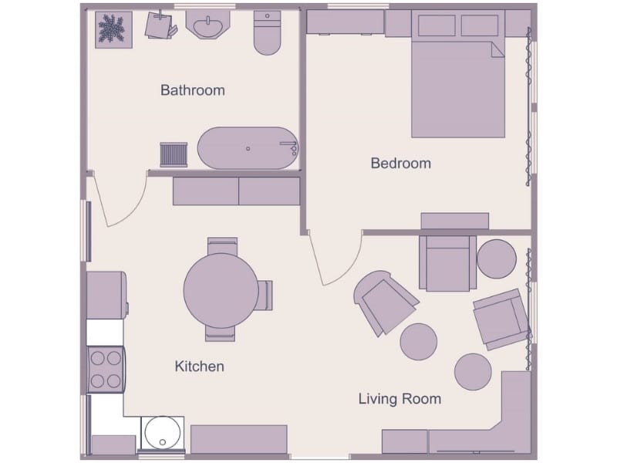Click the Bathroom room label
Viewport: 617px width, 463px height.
[x=193, y=90]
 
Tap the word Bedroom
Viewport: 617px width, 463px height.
[x=401, y=164]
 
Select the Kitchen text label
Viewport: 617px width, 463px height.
[x=200, y=367]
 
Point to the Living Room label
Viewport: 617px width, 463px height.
[x=400, y=399]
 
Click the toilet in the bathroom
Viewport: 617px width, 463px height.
[x=267, y=32]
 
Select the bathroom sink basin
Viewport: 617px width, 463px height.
[x=207, y=24]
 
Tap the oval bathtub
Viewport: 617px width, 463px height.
[x=248, y=148]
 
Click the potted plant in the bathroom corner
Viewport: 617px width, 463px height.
[x=113, y=30]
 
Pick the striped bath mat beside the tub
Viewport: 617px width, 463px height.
[x=174, y=155]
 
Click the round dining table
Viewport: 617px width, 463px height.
[x=221, y=291]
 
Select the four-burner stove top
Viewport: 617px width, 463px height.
[x=106, y=370]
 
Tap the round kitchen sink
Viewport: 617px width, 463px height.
[x=163, y=433]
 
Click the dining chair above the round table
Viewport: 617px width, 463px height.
[x=222, y=245]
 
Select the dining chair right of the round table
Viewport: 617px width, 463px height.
[x=265, y=295]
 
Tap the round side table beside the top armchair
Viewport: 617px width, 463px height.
[x=497, y=259]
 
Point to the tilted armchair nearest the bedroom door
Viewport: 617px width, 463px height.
[x=385, y=302]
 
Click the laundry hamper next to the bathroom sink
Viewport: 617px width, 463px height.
[x=160, y=25]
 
